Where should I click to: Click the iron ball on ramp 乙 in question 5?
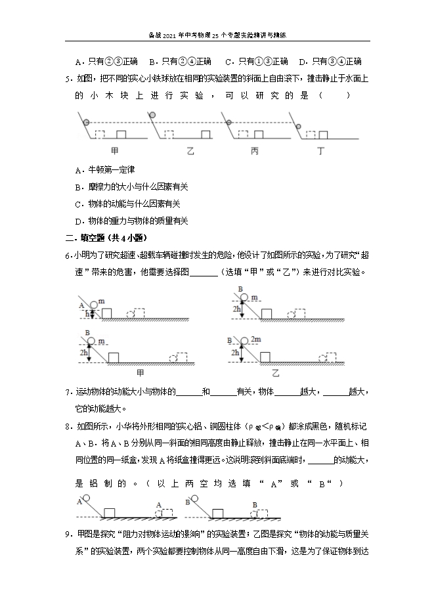pyautogui.click(x=152, y=116)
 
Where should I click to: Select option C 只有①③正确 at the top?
pyautogui.click(x=256, y=62)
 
